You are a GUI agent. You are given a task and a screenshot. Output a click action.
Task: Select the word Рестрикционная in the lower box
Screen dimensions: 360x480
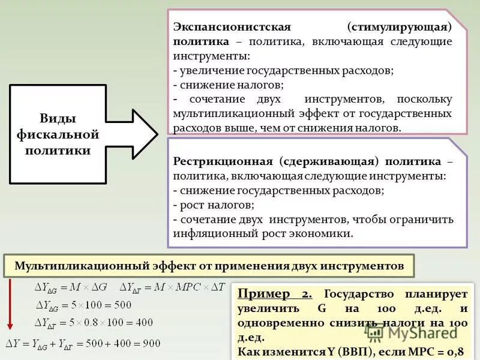pyautogui.click(x=223, y=162)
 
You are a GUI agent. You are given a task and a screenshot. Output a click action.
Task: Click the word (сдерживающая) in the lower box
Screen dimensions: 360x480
pyautogui.click(x=328, y=162)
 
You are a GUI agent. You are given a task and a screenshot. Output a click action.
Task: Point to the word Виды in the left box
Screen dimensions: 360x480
pyautogui.click(x=58, y=118)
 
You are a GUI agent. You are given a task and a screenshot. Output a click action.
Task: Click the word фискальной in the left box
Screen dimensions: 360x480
pyautogui.click(x=58, y=134)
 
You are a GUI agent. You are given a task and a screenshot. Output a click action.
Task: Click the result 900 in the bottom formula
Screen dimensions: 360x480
pyautogui.click(x=151, y=344)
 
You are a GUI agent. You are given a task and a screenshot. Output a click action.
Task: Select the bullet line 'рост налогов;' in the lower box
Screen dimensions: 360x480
pyautogui.click(x=208, y=205)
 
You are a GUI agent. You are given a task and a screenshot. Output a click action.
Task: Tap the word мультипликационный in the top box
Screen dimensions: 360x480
pyautogui.click(x=227, y=113)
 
